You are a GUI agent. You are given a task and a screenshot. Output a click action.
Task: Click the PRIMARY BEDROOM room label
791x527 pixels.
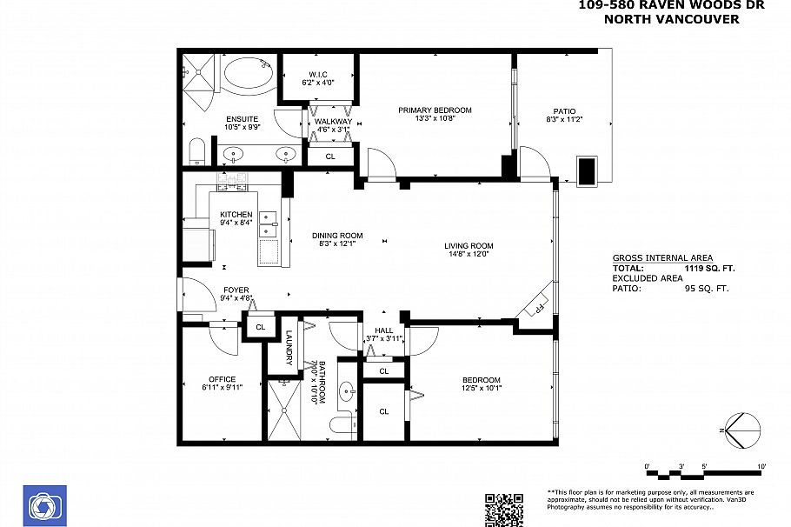click(435, 110)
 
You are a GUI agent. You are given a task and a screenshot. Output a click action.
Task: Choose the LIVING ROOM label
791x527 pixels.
click(469, 246)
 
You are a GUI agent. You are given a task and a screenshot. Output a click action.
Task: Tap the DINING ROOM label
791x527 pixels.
click(337, 236)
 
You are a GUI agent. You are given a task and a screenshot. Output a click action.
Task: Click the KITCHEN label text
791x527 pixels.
click(236, 215)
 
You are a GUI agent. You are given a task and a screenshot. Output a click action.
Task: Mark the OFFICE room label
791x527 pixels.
click(222, 379)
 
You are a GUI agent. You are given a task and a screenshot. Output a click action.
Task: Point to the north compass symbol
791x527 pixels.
click(741, 429)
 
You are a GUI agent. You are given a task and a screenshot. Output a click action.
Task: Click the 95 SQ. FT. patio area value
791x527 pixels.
click(706, 288)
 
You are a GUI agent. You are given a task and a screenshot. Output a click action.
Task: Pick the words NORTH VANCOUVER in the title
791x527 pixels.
click(671, 18)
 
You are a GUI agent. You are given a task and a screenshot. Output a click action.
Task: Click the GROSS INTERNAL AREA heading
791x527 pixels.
click(662, 258)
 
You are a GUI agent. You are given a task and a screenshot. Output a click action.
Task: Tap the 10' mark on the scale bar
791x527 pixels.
click(761, 467)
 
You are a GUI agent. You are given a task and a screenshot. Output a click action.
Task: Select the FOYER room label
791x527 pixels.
click(236, 290)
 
